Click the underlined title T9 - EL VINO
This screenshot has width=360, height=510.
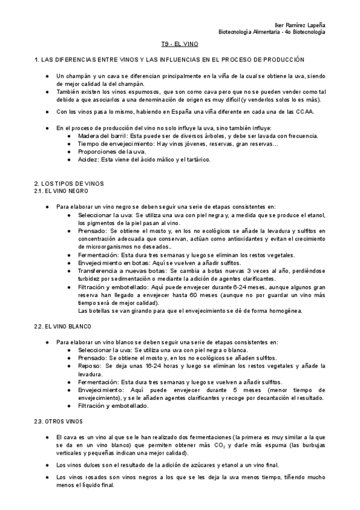pos(180,45)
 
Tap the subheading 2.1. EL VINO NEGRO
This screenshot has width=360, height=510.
pos(62,190)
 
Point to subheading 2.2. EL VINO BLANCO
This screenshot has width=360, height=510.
pos(64,326)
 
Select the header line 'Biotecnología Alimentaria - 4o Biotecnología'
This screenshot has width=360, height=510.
pos(271,31)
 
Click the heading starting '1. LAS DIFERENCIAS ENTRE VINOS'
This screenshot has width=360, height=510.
pos(169,60)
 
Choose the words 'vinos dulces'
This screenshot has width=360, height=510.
pos(81,465)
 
